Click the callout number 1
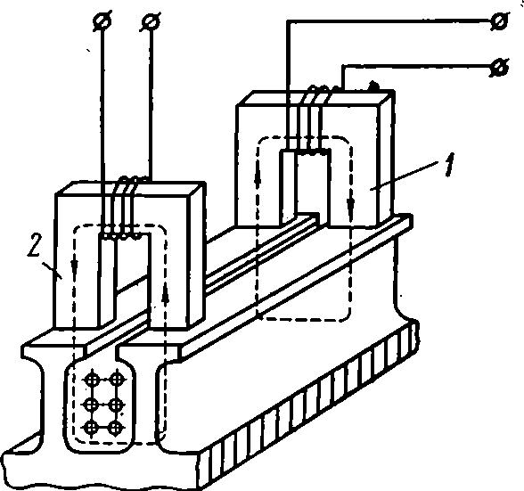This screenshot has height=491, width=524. click(x=449, y=165)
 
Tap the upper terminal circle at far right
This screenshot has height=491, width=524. click(x=500, y=21)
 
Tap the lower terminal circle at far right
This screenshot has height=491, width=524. click(x=500, y=68)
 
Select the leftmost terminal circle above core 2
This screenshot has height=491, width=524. click(x=102, y=21)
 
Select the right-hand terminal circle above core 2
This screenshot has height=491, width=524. click(x=151, y=21)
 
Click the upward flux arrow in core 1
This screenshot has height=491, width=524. click(x=258, y=180)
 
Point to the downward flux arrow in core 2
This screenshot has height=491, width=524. click(x=74, y=266)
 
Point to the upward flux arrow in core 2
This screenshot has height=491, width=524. click(x=166, y=294)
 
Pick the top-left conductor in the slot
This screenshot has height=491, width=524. click(x=93, y=380)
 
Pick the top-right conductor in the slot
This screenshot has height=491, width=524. click(x=117, y=380)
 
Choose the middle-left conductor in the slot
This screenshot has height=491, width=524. click(x=92, y=405)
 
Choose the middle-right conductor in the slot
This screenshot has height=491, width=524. click(x=116, y=405)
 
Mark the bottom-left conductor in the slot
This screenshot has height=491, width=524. click(x=92, y=428)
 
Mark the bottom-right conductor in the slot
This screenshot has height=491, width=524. click(x=116, y=428)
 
